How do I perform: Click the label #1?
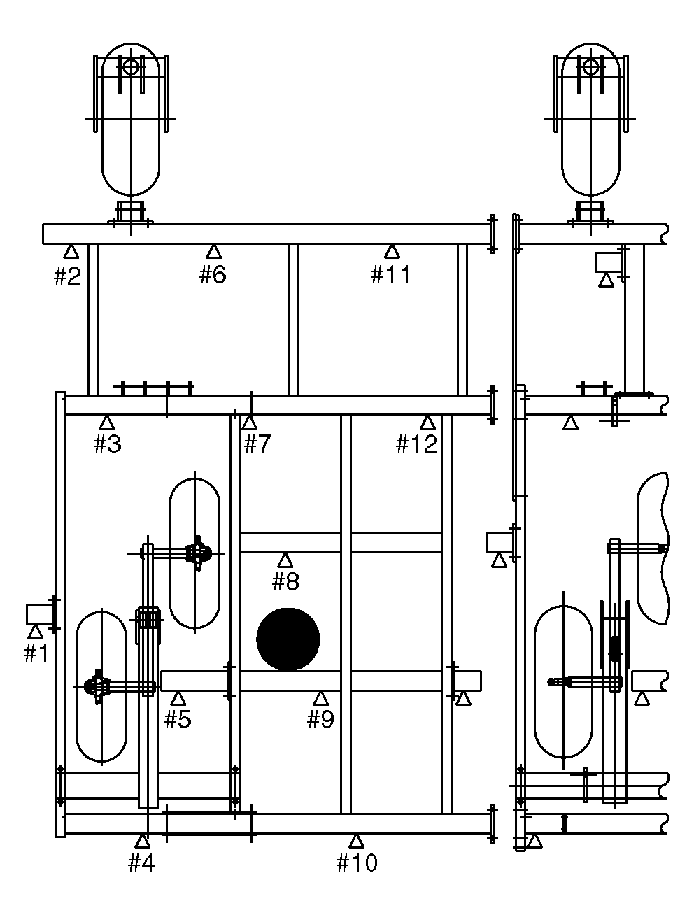point(36,653)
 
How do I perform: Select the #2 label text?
point(68,276)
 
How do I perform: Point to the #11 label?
point(390,274)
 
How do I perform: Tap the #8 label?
point(285,581)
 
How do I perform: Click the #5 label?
point(178,719)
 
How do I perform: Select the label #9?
point(320,719)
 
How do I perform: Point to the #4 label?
point(142,863)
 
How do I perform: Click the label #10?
point(357,863)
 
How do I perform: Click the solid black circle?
point(288,639)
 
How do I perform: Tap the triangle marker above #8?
point(285,561)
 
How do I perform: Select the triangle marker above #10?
point(356,842)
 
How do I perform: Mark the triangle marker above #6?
point(214,253)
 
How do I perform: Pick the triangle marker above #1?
point(36,633)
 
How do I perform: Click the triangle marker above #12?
point(427,423)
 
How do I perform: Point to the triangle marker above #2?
point(71,253)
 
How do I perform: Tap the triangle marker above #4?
point(143,842)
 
